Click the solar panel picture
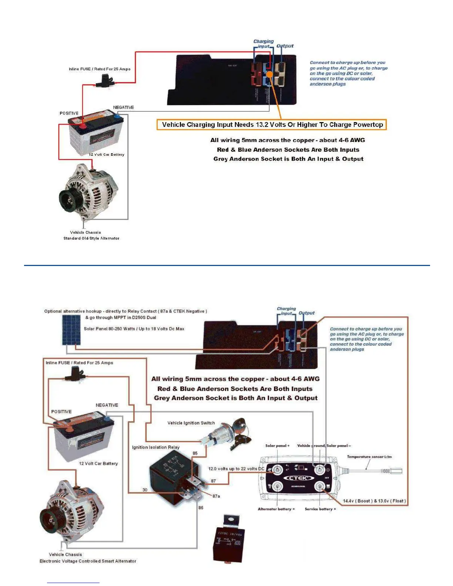[71, 330]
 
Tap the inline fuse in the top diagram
[105, 80]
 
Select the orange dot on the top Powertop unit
[270, 74]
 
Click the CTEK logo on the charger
[298, 478]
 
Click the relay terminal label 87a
[216, 496]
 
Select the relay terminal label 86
[201, 508]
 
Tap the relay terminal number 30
[145, 490]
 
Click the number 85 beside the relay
[195, 453]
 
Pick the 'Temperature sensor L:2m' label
[369, 457]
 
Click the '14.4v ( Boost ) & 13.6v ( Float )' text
[374, 501]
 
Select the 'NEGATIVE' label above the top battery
[123, 107]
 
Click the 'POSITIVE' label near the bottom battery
[61, 411]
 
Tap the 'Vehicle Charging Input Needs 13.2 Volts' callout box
[272, 125]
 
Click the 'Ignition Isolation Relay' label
[156, 447]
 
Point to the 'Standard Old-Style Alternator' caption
[91, 238]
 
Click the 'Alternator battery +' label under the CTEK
[276, 509]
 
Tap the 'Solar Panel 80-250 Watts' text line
[134, 329]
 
